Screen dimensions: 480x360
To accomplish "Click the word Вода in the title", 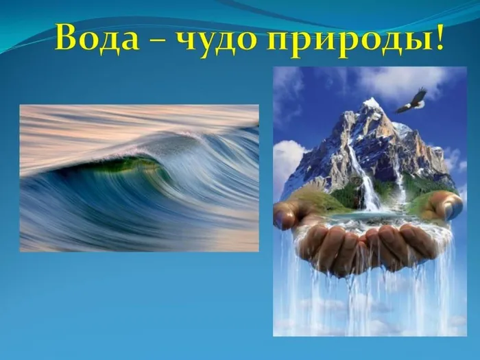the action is (97, 37).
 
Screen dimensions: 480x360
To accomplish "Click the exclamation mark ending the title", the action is (436, 36).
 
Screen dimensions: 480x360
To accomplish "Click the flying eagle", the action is (411, 100).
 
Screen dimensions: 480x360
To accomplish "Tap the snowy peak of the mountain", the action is (371, 106).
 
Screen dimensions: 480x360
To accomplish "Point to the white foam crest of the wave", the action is (153, 144).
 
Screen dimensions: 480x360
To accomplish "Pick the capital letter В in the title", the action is (66, 37).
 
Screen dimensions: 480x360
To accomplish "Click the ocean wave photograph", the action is (139, 178).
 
